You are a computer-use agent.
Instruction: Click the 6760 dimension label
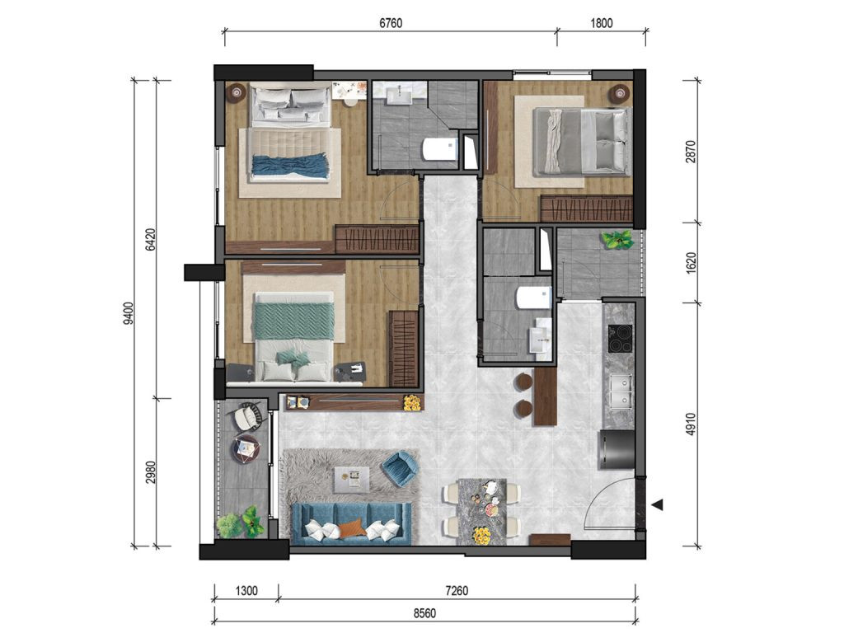pyautogui.click(x=390, y=23)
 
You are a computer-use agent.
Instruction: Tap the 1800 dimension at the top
pyautogui.click(x=601, y=23)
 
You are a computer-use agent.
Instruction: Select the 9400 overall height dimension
pyautogui.click(x=128, y=313)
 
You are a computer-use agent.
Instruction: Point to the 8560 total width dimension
pyautogui.click(x=424, y=613)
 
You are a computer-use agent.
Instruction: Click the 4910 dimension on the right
pyautogui.click(x=692, y=424)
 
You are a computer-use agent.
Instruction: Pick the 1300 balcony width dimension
pyautogui.click(x=246, y=591)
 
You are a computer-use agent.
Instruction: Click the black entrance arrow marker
pyautogui.click(x=657, y=505)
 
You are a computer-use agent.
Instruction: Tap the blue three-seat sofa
pyautogui.click(x=351, y=523)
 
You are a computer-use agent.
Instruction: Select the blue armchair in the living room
pyautogui.click(x=400, y=469)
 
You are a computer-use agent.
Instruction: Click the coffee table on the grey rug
pyautogui.click(x=351, y=480)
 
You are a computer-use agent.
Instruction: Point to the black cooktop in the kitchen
pyautogui.click(x=620, y=339)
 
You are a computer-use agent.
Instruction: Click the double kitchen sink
pyautogui.click(x=621, y=391)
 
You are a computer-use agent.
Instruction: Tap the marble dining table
pyautogui.click(x=481, y=511)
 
